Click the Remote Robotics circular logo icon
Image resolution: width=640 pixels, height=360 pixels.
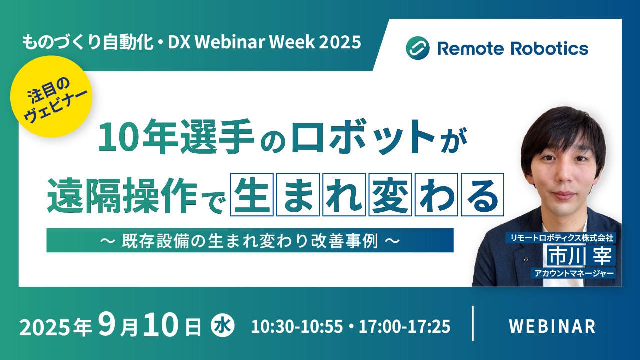pyautogui.click(x=417, y=48)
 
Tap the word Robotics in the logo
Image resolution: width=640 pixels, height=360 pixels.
pyautogui.click(x=550, y=48)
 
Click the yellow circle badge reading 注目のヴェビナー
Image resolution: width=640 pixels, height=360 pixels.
pyautogui.click(x=51, y=97)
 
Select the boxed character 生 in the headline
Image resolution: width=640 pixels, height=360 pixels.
pyautogui.click(x=252, y=194)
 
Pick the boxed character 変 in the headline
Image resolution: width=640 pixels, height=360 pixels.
pyautogui.click(x=390, y=194)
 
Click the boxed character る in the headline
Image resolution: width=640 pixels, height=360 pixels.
pyautogui.click(x=482, y=194)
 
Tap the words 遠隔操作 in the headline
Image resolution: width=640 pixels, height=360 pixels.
pyautogui.click(x=122, y=195)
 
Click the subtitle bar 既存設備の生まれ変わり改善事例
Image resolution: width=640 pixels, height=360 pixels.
pyautogui.click(x=250, y=240)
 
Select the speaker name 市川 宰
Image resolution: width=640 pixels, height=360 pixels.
pyautogui.click(x=579, y=256)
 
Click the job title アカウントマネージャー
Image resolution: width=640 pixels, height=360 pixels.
pyautogui.click(x=574, y=273)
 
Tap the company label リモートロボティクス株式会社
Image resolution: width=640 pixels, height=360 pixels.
pyautogui.click(x=562, y=238)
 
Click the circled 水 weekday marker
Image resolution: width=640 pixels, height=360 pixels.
pyautogui.click(x=223, y=325)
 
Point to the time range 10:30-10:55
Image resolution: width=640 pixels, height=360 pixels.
pyautogui.click(x=297, y=326)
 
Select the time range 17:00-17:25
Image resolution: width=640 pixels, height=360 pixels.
pyautogui.click(x=405, y=326)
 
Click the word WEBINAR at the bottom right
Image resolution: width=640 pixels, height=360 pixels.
pyautogui.click(x=552, y=326)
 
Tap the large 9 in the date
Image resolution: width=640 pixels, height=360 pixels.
pyautogui.click(x=106, y=325)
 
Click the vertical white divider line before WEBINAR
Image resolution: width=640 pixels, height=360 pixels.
pyautogui.click(x=473, y=323)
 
